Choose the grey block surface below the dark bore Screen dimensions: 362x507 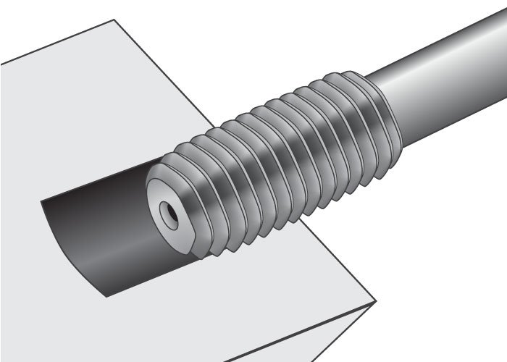point(217,304)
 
